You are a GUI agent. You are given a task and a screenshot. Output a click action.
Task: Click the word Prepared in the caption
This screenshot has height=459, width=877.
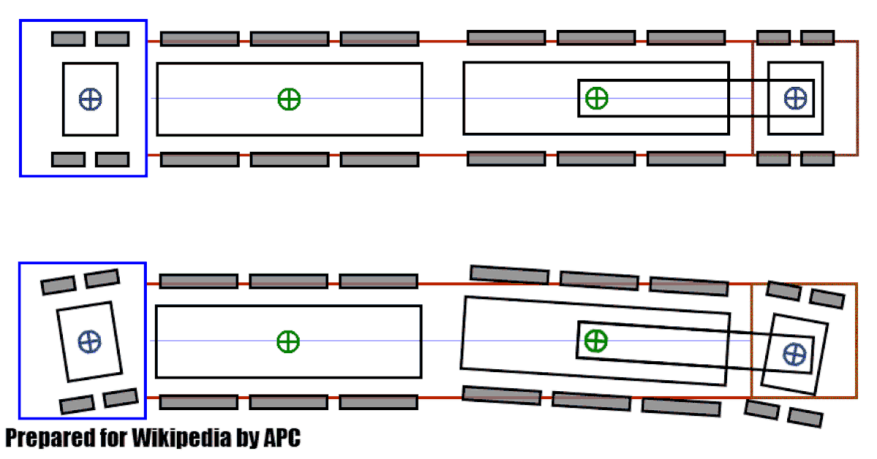click(x=50, y=439)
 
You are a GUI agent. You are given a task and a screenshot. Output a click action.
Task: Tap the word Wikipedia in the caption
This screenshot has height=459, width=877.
click(x=181, y=439)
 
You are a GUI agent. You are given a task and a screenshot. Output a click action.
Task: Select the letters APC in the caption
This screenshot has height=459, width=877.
click(x=282, y=438)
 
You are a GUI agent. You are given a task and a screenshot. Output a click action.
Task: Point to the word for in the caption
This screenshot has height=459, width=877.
click(x=113, y=437)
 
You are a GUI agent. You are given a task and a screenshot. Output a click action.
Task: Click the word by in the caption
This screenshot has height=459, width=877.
click(x=247, y=439)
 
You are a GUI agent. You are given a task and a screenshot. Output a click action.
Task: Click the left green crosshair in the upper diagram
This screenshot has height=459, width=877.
click(x=289, y=99)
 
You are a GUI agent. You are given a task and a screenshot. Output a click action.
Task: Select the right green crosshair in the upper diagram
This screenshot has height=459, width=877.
click(x=596, y=98)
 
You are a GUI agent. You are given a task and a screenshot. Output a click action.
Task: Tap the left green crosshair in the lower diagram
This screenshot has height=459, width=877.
click(x=288, y=342)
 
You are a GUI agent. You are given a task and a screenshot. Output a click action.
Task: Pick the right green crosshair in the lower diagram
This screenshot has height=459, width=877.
click(x=596, y=341)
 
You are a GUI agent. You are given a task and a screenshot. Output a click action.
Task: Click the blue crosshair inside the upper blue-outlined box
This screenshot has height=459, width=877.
click(x=91, y=99)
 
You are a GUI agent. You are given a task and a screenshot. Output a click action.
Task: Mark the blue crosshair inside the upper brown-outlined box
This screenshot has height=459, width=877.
click(x=796, y=98)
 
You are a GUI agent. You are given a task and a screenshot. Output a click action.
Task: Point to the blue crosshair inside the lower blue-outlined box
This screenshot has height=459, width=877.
click(x=90, y=342)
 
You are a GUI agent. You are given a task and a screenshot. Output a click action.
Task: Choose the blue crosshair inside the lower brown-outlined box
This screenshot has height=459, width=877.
click(x=795, y=355)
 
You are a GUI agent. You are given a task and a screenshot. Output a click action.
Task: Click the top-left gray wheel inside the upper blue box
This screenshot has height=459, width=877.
click(x=69, y=39)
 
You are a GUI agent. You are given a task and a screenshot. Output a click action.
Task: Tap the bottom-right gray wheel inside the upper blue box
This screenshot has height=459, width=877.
click(x=113, y=160)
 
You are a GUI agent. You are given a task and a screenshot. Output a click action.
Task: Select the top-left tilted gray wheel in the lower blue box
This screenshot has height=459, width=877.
click(x=58, y=285)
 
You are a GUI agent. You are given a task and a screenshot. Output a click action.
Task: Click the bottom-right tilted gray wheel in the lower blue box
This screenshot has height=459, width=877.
click(x=121, y=398)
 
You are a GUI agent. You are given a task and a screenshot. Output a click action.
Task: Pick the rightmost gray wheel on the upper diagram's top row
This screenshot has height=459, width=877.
click(x=818, y=38)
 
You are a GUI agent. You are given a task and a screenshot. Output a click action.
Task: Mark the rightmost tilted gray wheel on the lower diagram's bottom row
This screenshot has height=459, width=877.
click(x=805, y=417)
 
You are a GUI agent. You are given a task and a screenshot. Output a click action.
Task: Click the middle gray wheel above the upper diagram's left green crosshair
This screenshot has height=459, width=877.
click(x=289, y=39)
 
